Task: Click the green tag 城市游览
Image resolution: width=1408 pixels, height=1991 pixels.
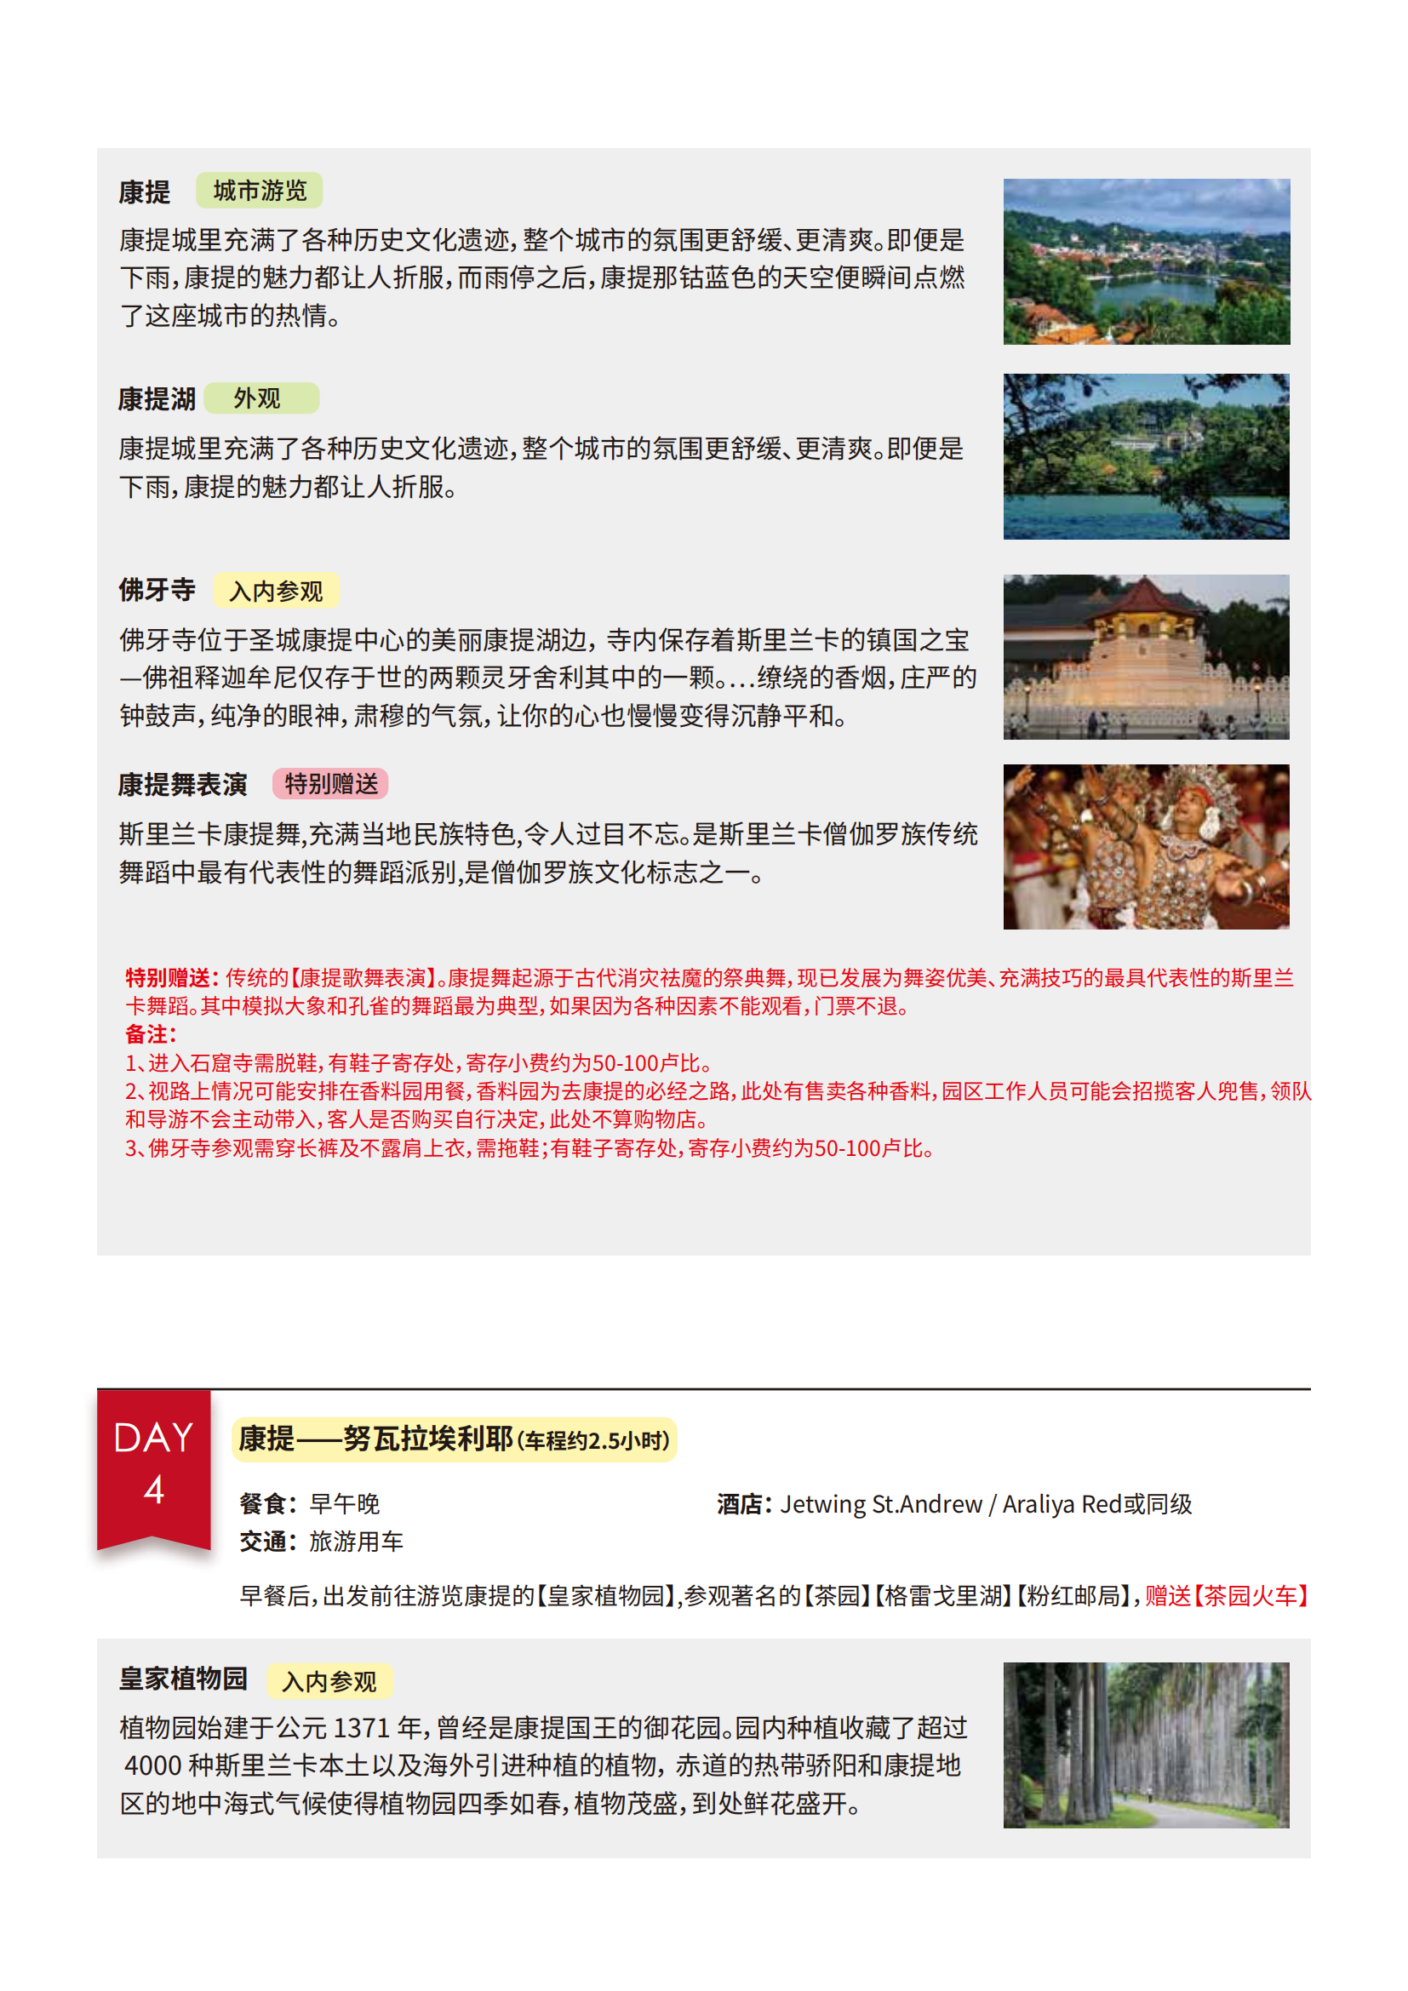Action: [260, 191]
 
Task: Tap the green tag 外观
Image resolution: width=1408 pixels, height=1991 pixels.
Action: [262, 399]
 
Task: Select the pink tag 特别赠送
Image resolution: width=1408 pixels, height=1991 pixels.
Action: [330, 784]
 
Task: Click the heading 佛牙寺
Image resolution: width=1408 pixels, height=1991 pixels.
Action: [157, 591]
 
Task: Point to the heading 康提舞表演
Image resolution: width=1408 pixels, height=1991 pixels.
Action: [183, 785]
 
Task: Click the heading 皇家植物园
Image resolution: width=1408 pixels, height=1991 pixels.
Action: [183, 1679]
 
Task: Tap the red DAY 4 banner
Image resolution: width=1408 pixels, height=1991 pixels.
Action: [153, 1467]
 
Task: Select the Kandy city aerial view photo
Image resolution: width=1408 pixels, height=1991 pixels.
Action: [1146, 262]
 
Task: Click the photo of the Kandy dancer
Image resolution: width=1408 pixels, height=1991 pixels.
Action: [1146, 847]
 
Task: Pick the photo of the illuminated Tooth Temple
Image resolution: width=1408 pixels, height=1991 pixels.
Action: [1146, 657]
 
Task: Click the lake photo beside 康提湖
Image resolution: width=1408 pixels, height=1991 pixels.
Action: [1146, 457]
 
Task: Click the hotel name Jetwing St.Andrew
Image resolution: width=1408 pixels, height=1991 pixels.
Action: [881, 1503]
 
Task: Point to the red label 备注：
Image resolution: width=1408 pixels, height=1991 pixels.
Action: [151, 1034]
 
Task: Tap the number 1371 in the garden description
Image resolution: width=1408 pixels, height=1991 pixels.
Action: [361, 1728]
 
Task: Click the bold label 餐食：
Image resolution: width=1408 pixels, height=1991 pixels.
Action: [268, 1503]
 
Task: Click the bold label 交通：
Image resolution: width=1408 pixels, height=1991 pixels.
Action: [268, 1542]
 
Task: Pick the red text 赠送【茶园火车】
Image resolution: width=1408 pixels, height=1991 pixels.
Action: [1226, 1596]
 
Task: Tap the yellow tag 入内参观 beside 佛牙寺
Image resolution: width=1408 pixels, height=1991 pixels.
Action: [276, 592]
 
